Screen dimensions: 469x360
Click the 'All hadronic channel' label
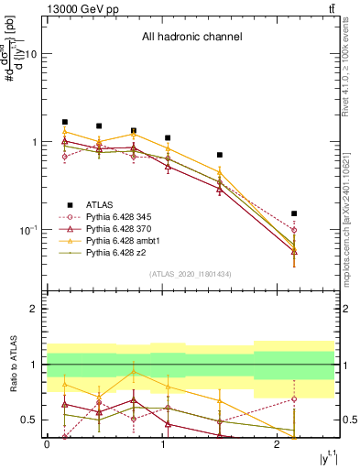tap(191, 38)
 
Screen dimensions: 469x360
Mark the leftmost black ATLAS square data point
tap(65, 122)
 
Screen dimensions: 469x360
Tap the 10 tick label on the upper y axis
tap(29, 54)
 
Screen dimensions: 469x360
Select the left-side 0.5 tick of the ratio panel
tap(32, 420)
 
